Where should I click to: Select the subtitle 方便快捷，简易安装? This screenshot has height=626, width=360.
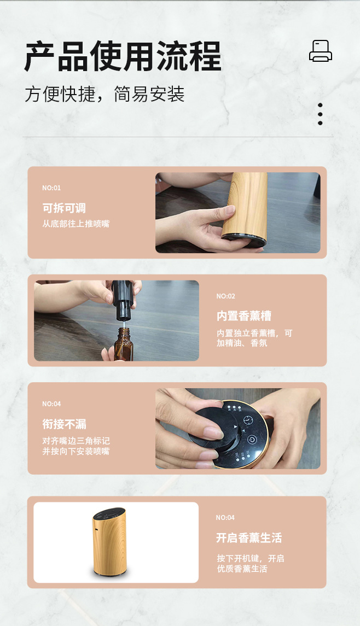pyautogui.click(x=104, y=94)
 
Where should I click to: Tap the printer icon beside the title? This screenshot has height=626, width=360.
pyautogui.click(x=320, y=51)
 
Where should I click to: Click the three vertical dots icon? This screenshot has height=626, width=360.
pyautogui.click(x=320, y=114)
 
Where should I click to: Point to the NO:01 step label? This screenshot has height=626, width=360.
pyautogui.click(x=51, y=188)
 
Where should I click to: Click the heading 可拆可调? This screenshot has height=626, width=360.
pyautogui.click(x=64, y=208)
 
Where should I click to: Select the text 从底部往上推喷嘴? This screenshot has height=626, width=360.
pyautogui.click(x=76, y=224)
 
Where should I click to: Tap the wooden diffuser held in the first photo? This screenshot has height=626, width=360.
pyautogui.click(x=247, y=207)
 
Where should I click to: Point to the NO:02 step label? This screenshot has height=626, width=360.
pyautogui.click(x=225, y=296)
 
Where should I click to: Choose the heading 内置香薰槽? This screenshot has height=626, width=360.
pyautogui.click(x=243, y=316)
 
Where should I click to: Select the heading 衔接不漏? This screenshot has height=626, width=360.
pyautogui.click(x=64, y=424)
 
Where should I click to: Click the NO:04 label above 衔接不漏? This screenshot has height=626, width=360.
pyautogui.click(x=51, y=404)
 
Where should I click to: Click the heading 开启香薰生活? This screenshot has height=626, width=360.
pyautogui.click(x=248, y=538)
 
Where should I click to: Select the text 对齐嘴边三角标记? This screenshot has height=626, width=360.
pyautogui.click(x=76, y=441)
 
